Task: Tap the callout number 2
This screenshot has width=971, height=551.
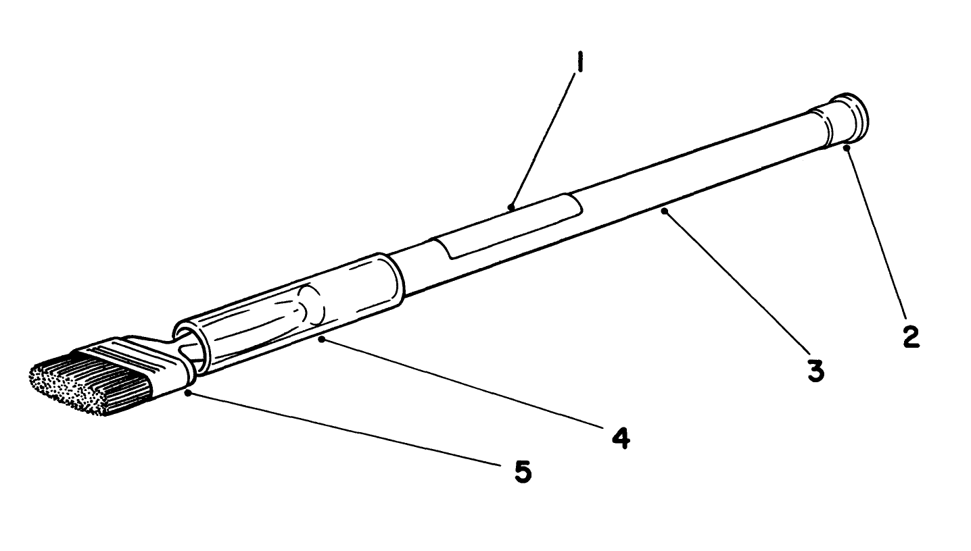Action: tap(910, 336)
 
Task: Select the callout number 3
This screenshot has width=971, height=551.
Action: tap(817, 370)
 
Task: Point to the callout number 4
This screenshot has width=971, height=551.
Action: tap(621, 438)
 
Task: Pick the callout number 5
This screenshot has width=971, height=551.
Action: tap(522, 471)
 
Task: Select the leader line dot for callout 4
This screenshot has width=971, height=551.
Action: tap(321, 340)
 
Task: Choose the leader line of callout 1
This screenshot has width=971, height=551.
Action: tap(544, 138)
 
